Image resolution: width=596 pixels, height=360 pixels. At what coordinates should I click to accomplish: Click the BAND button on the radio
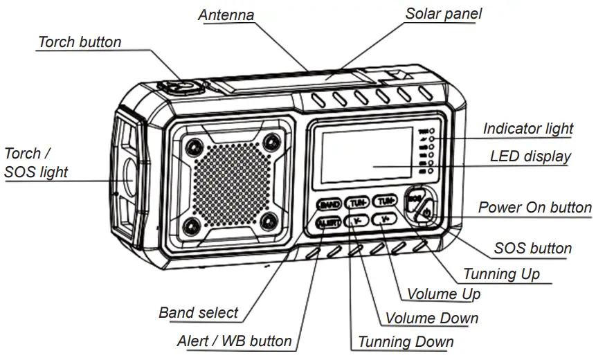point(330,204)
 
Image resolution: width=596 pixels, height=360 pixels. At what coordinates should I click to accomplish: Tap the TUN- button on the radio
point(358,202)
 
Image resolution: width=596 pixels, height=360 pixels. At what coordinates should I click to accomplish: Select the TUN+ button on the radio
point(385,201)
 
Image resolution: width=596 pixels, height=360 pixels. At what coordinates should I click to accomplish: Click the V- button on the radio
point(358,221)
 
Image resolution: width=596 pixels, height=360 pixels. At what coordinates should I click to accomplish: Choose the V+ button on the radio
point(385,219)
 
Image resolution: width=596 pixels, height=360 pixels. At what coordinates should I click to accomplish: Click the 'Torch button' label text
point(80,42)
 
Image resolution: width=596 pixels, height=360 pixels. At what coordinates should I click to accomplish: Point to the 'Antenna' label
point(226,15)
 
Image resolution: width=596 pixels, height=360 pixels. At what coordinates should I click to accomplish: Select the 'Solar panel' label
point(443,14)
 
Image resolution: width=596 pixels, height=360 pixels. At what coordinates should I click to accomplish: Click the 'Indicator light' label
point(528,129)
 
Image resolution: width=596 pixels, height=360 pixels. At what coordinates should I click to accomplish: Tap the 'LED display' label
point(530,156)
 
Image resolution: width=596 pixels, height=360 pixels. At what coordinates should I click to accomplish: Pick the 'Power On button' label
point(535,208)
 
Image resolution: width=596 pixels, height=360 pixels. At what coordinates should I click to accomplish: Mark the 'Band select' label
point(198,313)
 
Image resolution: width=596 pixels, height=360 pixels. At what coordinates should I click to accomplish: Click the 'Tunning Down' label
point(406,342)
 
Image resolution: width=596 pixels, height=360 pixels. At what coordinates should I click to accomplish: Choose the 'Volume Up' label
point(444,294)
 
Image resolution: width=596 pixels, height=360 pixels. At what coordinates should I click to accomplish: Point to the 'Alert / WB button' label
point(234,341)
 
